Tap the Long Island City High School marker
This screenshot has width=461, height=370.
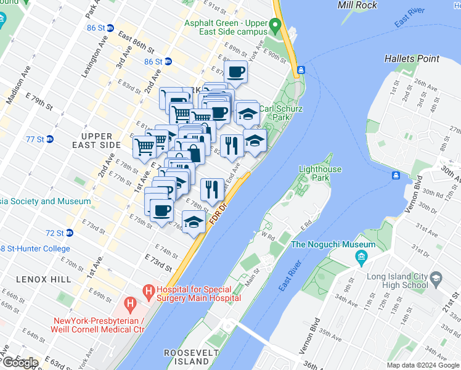coord(436,279)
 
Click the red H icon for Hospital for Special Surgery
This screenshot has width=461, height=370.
coord(148,289)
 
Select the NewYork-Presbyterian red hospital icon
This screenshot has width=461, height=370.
coord(129,303)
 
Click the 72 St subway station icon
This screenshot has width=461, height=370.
coord(70,233)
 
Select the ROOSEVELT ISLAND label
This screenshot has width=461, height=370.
coord(187,356)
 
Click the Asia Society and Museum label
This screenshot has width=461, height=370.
coord(46,201)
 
